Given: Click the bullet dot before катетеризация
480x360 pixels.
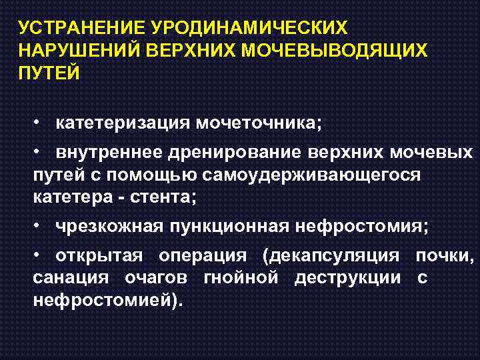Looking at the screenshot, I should (39, 124).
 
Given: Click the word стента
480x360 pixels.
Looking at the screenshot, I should (166, 198).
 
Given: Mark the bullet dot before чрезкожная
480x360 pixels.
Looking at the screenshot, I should (39, 227).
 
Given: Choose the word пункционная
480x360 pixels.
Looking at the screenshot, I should (227, 227).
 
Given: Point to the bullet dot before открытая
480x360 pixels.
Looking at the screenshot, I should (39, 256).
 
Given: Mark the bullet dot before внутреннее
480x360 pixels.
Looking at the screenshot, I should (39, 153).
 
